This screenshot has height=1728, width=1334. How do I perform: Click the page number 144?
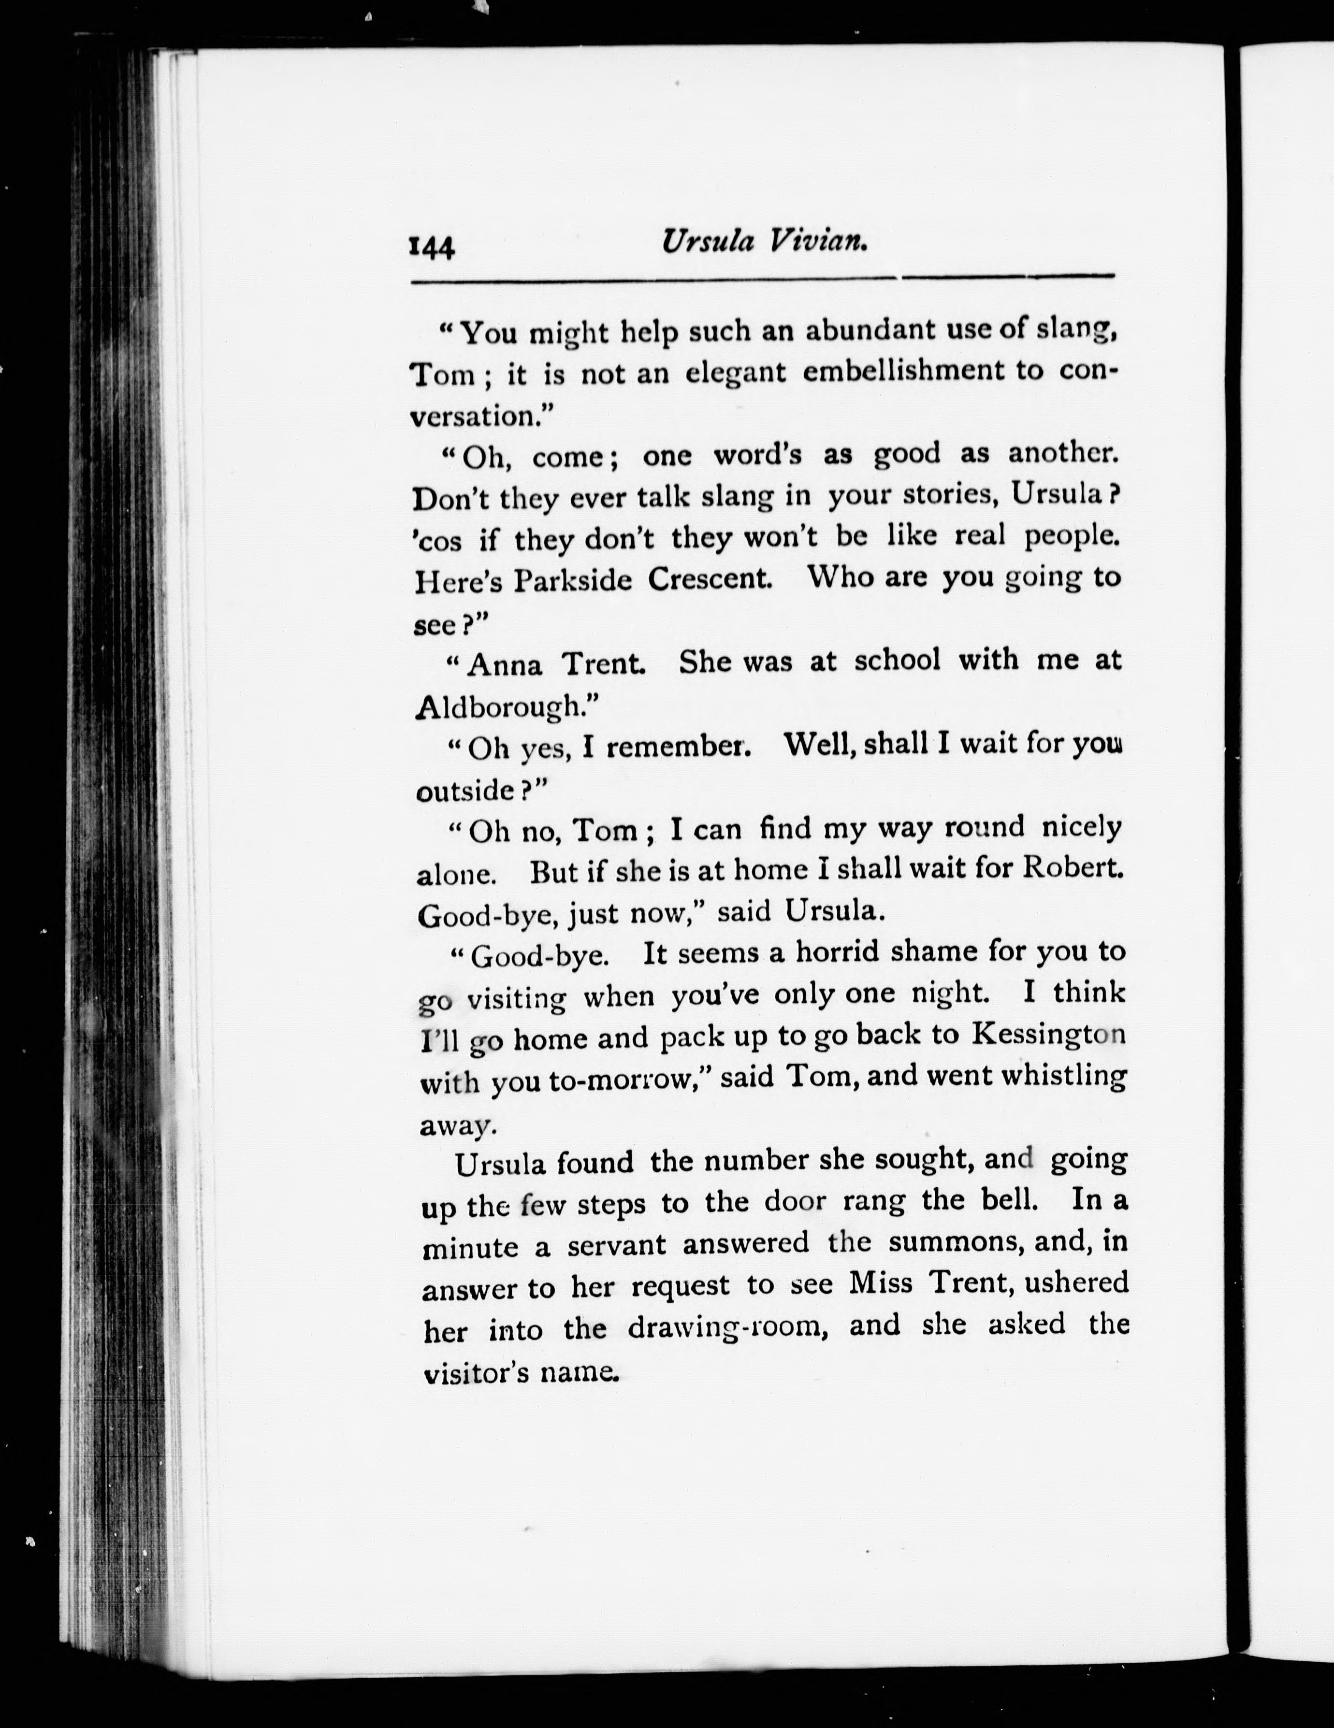point(431,247)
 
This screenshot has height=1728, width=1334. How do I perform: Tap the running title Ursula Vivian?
point(764,241)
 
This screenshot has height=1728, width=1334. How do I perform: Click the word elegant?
point(735,373)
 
